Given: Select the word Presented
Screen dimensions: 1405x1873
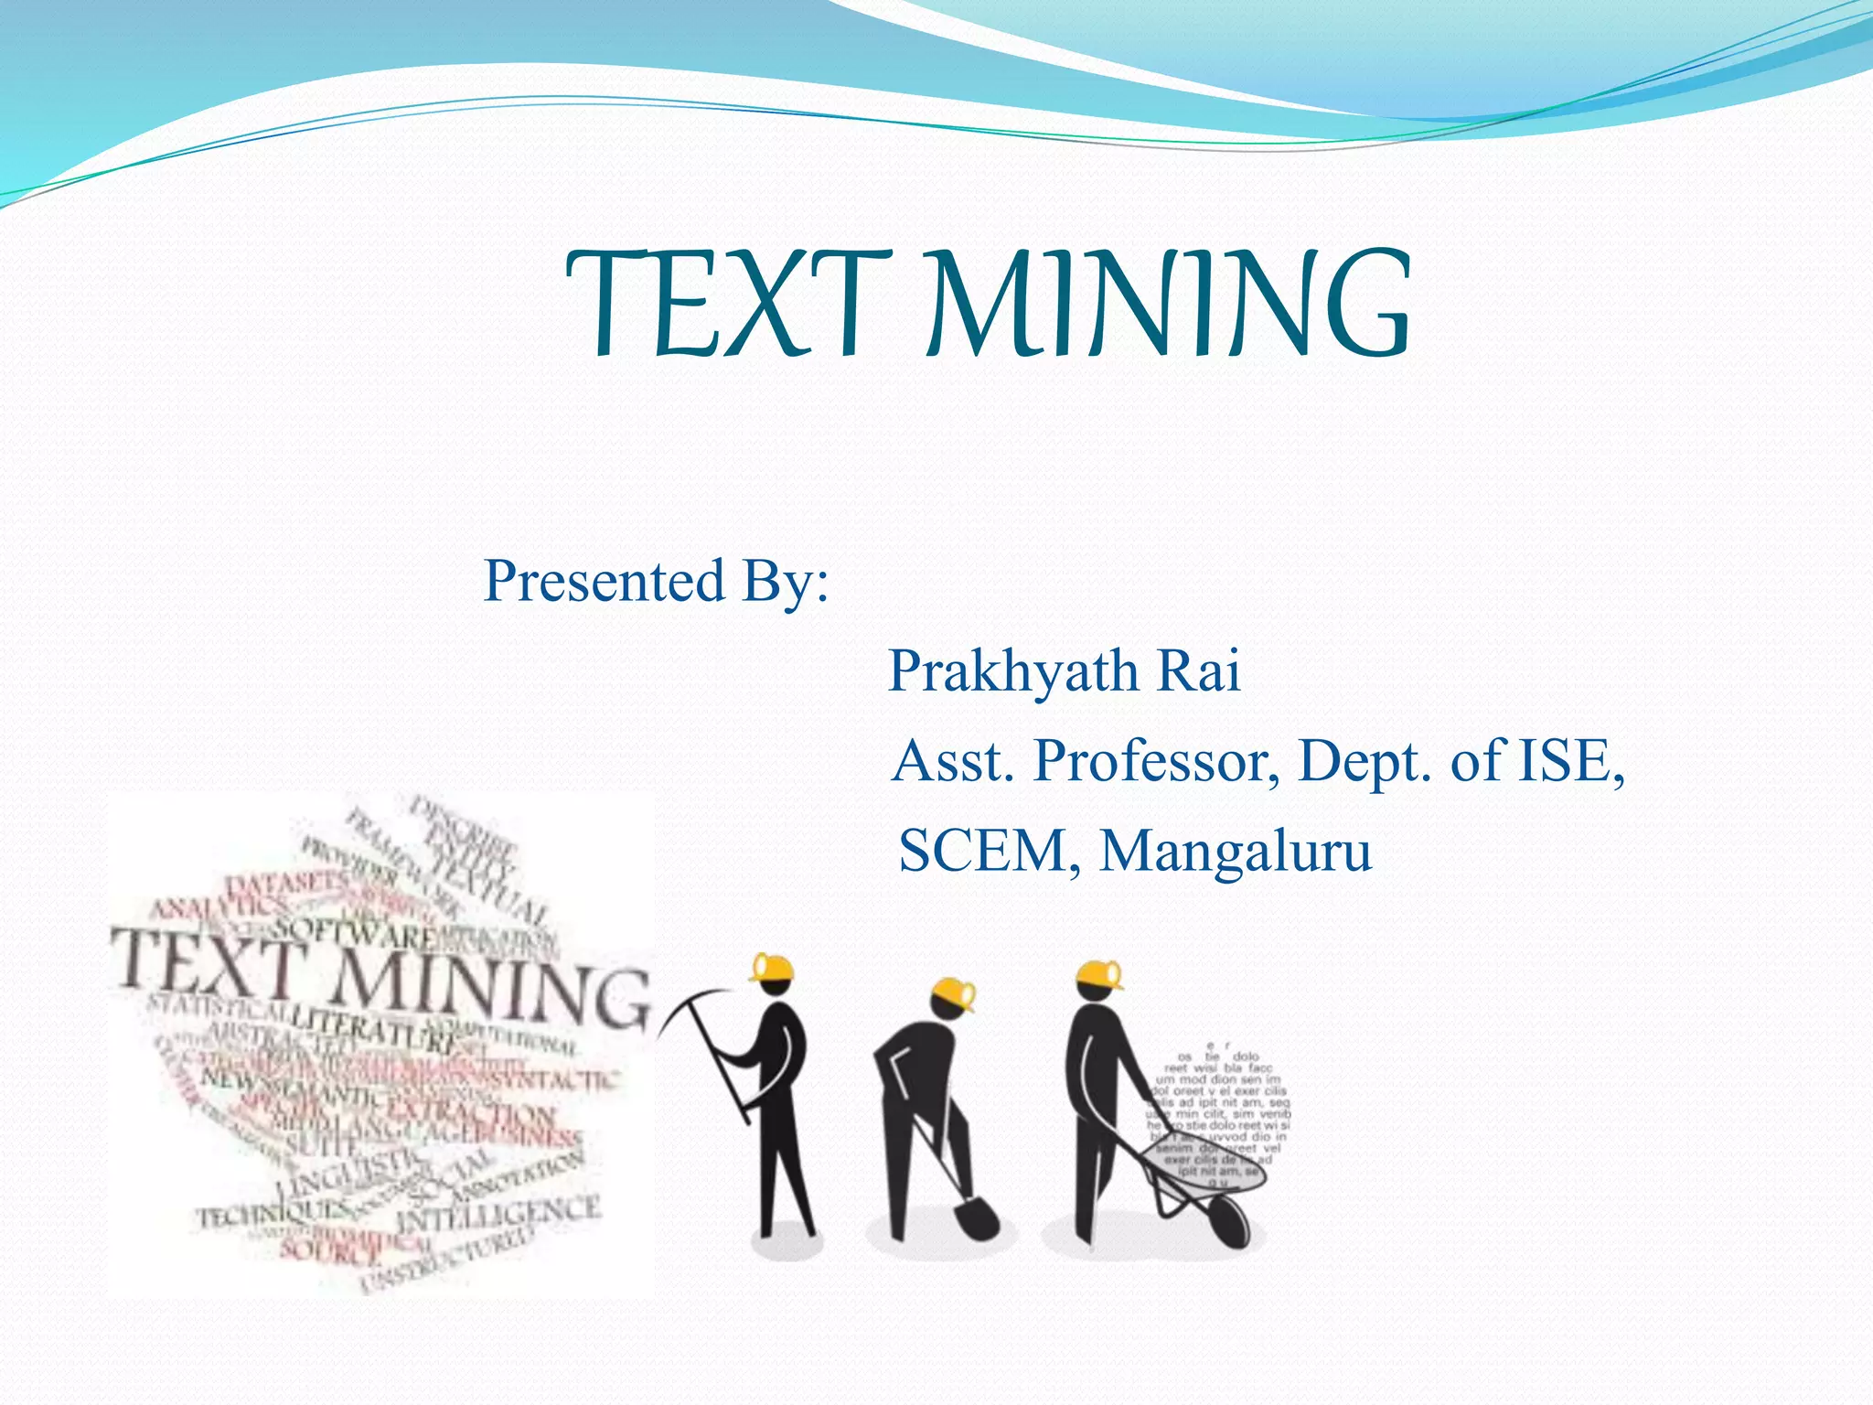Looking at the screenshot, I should click(x=604, y=581).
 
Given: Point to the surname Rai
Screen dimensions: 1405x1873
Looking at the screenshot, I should click(x=1199, y=670).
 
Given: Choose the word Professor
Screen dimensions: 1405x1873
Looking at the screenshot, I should click(x=1156, y=761).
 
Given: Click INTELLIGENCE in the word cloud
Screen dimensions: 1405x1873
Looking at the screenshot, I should click(x=498, y=1215).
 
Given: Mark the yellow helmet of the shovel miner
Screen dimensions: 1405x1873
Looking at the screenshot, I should click(x=954, y=993).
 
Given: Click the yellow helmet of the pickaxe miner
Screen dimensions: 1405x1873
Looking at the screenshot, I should click(x=773, y=967).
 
